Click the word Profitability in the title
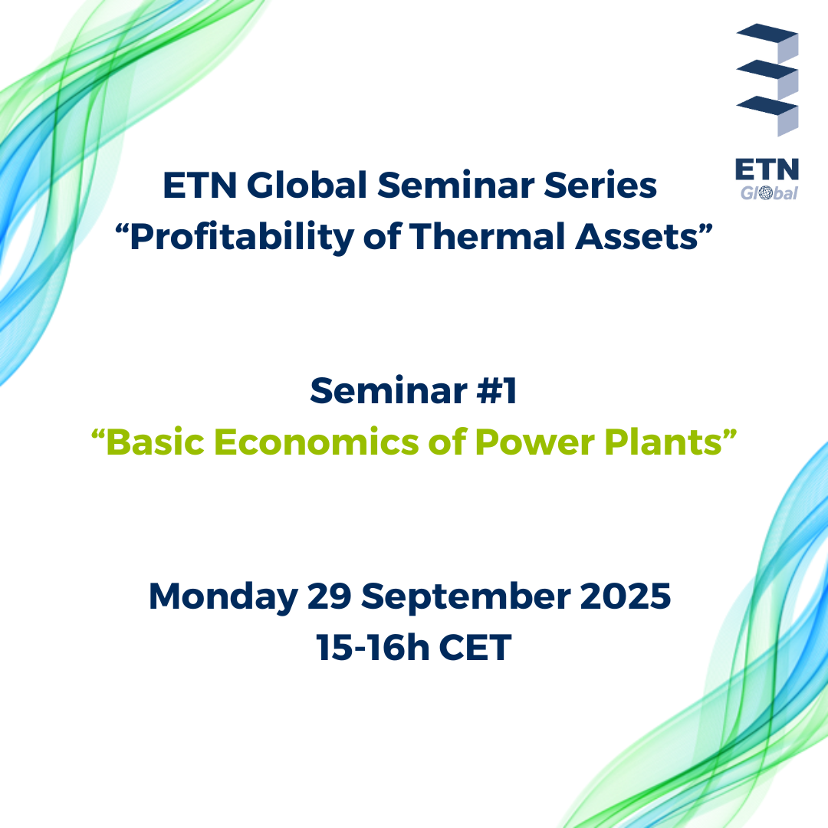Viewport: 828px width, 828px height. (x=242, y=237)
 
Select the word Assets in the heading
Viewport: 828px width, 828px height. (x=637, y=237)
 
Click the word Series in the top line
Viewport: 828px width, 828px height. (x=600, y=186)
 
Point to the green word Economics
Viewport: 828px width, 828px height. (x=316, y=442)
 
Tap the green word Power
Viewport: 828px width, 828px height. (x=534, y=442)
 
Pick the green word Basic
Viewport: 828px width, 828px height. (x=155, y=442)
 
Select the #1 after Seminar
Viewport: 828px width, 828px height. (x=496, y=391)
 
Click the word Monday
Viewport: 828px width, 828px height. (x=223, y=597)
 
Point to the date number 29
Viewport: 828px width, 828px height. (x=329, y=596)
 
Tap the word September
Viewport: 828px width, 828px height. (x=466, y=597)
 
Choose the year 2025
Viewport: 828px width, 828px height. (x=626, y=596)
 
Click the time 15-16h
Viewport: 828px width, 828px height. (x=373, y=647)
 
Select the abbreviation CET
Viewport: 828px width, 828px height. (x=475, y=647)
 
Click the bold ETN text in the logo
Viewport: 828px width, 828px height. (x=767, y=169)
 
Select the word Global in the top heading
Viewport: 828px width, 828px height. (x=307, y=186)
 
